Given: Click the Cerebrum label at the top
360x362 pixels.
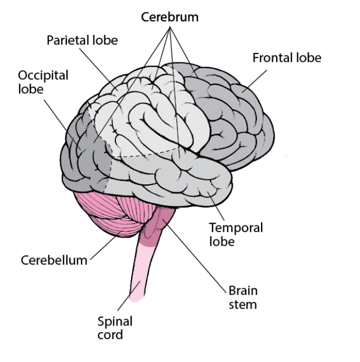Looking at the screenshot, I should (x=169, y=17).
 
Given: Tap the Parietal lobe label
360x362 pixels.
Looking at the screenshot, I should (x=82, y=41).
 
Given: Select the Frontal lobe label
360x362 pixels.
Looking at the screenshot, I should (x=286, y=58).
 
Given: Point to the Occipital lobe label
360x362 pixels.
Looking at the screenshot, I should (x=43, y=82).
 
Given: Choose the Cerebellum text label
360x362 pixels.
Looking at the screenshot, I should (x=54, y=260).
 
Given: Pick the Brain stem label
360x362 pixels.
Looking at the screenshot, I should (x=242, y=297).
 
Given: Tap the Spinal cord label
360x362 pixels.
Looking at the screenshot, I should (x=115, y=328).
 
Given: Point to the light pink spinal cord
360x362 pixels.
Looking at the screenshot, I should (x=139, y=275).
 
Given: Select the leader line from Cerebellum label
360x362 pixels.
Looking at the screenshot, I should (x=104, y=247).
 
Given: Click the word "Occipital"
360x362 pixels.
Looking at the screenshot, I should (x=43, y=75).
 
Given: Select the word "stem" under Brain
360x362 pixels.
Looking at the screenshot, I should (x=242, y=304).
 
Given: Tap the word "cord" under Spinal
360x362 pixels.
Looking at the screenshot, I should (x=115, y=335).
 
